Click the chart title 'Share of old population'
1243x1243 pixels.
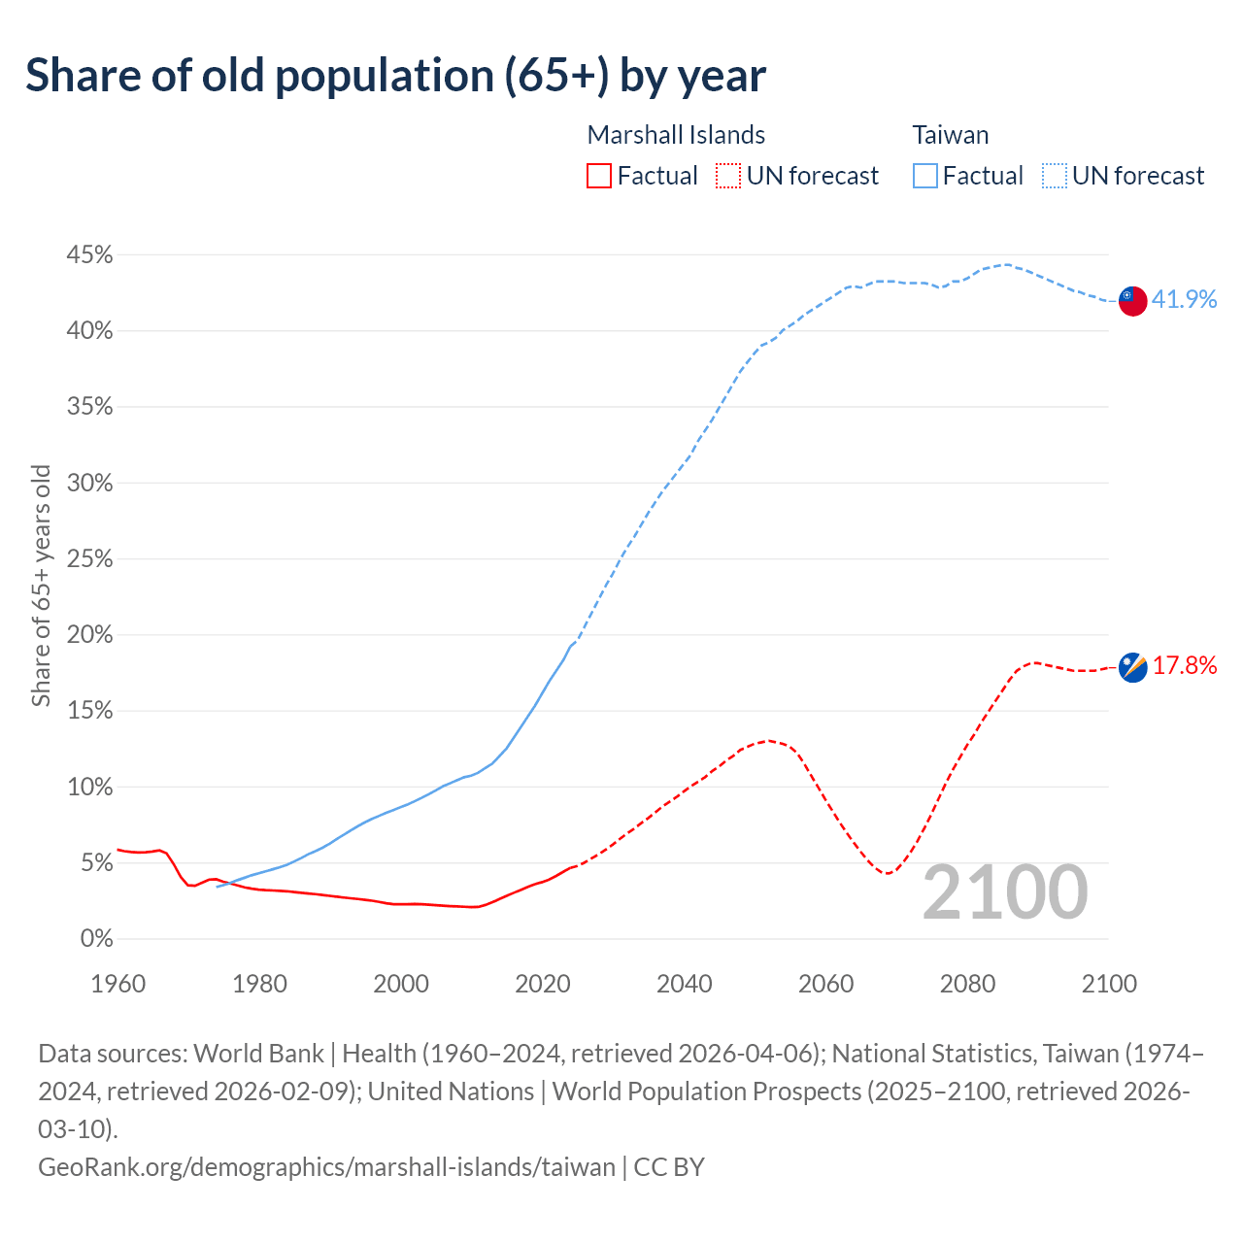[x=395, y=76]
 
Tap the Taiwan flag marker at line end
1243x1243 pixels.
[x=1132, y=301]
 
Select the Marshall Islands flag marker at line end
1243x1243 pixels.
[x=1132, y=667]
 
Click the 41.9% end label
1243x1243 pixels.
[x=1184, y=300]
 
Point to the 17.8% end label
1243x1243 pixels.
[x=1184, y=665]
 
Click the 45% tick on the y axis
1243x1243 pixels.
[x=89, y=255]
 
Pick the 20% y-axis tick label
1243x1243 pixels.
[x=89, y=635]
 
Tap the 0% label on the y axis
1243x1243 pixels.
[x=96, y=939]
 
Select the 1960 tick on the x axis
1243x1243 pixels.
[x=118, y=984]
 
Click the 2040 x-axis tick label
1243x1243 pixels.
[x=685, y=984]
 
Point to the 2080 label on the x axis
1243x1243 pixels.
[x=967, y=984]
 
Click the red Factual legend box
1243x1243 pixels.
[x=599, y=176]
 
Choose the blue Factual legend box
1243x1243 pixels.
[x=925, y=176]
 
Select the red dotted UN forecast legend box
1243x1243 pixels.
[x=728, y=176]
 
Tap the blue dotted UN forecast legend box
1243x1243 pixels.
[x=1055, y=176]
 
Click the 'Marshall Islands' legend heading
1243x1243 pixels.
[x=676, y=135]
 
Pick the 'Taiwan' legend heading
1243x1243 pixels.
[x=950, y=135]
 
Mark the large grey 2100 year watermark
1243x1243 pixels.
[x=1005, y=892]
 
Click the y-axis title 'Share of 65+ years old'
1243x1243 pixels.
[x=41, y=586]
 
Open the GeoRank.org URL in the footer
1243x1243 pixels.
[x=326, y=1166]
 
